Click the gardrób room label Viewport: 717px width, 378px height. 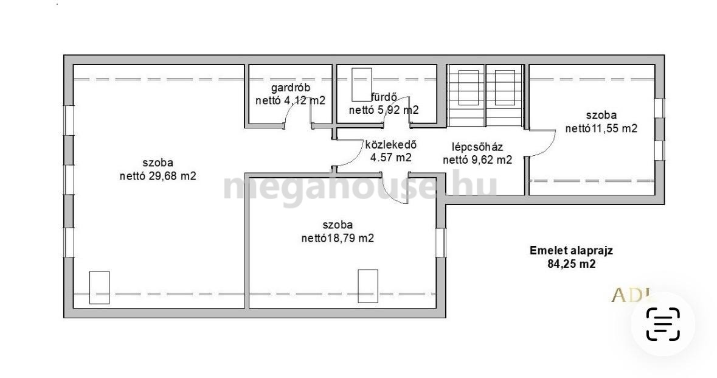pyautogui.click(x=290, y=94)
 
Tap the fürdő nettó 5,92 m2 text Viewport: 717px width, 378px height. pyautogui.click(x=384, y=103)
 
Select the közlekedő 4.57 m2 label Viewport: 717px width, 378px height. pyautogui.click(x=390, y=151)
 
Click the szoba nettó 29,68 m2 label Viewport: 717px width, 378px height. pyautogui.click(x=158, y=169)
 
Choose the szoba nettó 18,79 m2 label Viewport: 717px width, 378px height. pyautogui.click(x=338, y=231)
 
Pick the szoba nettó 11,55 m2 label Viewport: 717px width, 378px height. pyautogui.click(x=601, y=122)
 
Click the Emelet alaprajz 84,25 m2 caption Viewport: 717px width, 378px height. pyautogui.click(x=571, y=257)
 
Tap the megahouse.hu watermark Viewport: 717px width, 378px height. pyautogui.click(x=360, y=186)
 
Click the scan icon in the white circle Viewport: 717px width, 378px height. pyautogui.click(x=663, y=324)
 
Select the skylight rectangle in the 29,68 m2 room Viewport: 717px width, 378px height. pyautogui.click(x=99, y=287)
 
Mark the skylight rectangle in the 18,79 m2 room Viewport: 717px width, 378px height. pyautogui.click(x=368, y=286)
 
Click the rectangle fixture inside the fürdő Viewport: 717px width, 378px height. pyautogui.click(x=361, y=84)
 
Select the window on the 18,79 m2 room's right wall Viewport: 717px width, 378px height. pyautogui.click(x=440, y=242)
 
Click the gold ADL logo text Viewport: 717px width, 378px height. pyautogui.click(x=633, y=296)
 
